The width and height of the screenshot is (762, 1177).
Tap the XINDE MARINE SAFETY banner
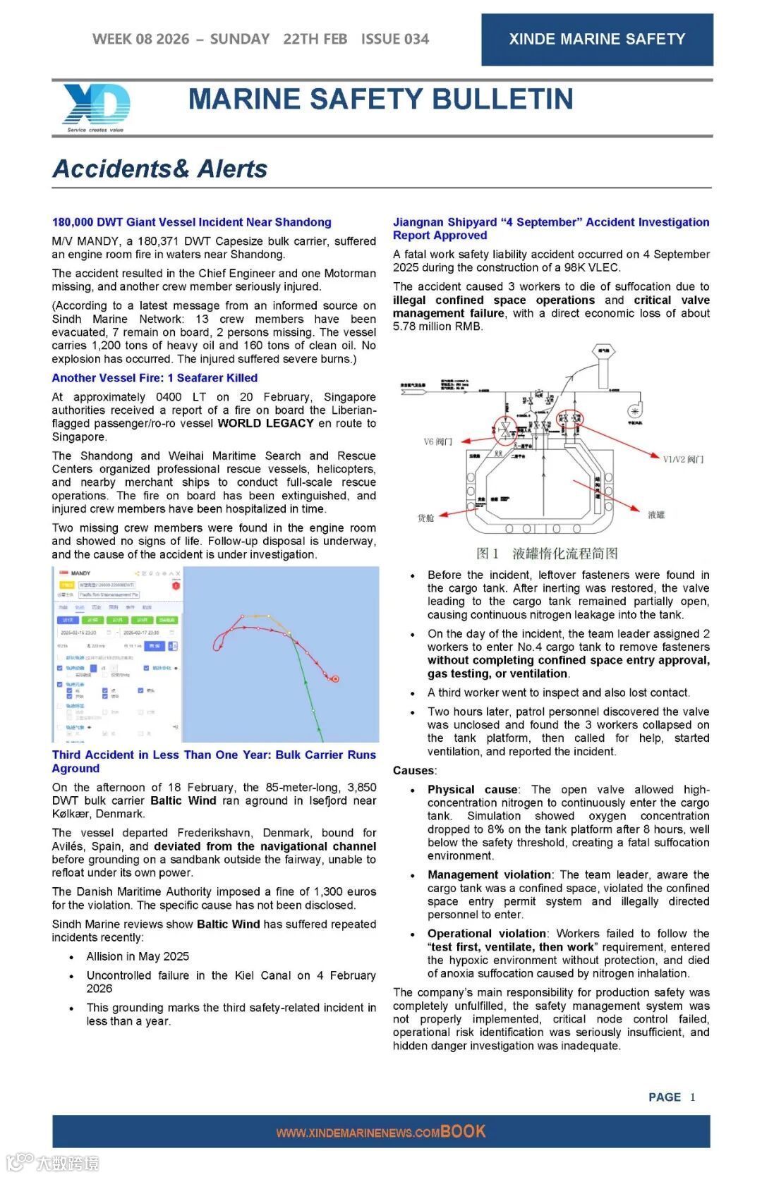(x=597, y=39)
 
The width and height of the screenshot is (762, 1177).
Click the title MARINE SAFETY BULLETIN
(x=380, y=99)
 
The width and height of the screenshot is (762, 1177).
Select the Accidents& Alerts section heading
(x=160, y=169)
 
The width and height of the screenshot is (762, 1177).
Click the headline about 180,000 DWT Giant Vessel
(x=191, y=222)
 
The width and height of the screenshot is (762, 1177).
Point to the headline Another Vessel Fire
(x=155, y=378)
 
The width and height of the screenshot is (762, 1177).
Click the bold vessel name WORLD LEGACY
(x=265, y=423)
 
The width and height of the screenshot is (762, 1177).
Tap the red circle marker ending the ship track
(x=335, y=679)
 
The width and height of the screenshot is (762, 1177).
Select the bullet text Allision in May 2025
(x=138, y=956)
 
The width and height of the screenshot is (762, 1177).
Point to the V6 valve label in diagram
(x=437, y=441)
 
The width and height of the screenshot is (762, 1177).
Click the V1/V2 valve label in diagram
(x=683, y=459)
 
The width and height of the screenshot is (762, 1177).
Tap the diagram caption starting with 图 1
(x=547, y=554)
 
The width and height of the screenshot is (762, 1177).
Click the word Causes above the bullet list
(x=414, y=770)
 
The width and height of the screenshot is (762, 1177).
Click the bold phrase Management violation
(x=489, y=874)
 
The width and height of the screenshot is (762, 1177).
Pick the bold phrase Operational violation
(x=487, y=933)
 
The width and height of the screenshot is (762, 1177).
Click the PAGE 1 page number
(x=671, y=1097)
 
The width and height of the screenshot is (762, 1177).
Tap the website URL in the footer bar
(x=358, y=1133)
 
